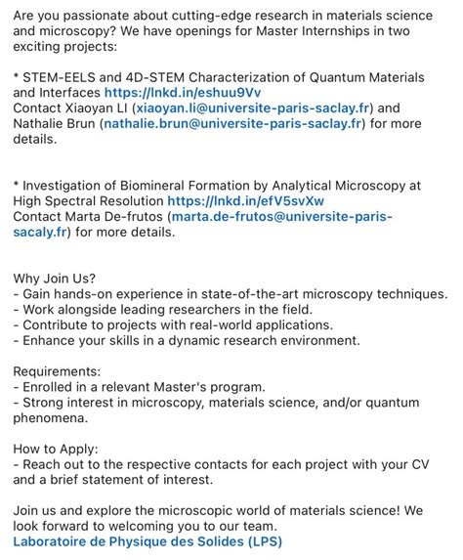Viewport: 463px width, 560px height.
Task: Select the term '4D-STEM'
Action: [x=172, y=77]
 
